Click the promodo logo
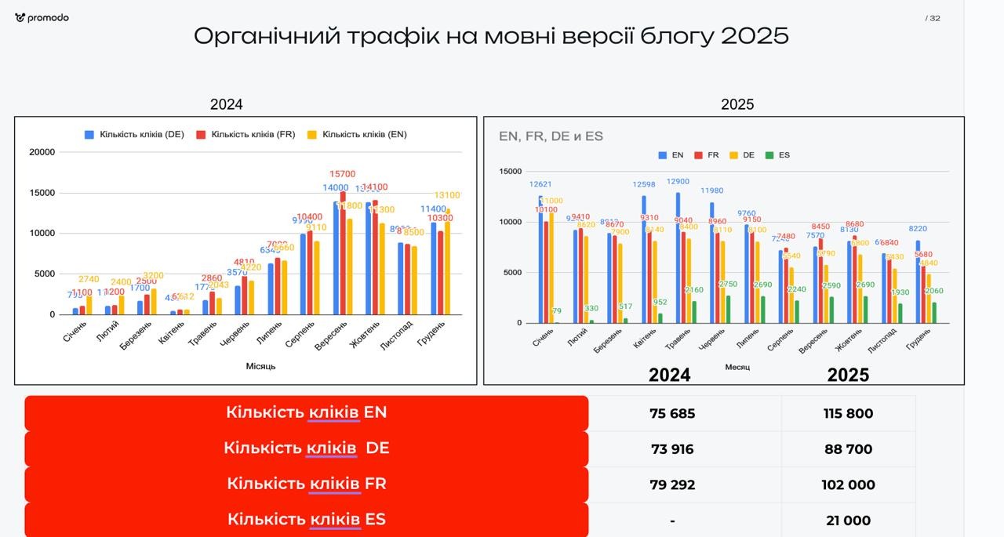(42, 18)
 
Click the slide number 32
(934, 18)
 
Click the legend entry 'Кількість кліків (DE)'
(134, 134)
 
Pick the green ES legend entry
(778, 155)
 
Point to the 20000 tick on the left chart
(42, 152)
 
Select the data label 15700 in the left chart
(342, 174)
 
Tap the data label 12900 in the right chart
(678, 182)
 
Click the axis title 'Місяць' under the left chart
(260, 366)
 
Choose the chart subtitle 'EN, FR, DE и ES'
(551, 136)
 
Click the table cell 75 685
(672, 414)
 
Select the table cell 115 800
(848, 414)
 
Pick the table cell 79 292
(672, 485)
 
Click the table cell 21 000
(848, 521)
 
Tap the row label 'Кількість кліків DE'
(306, 448)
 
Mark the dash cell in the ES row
(672, 521)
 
